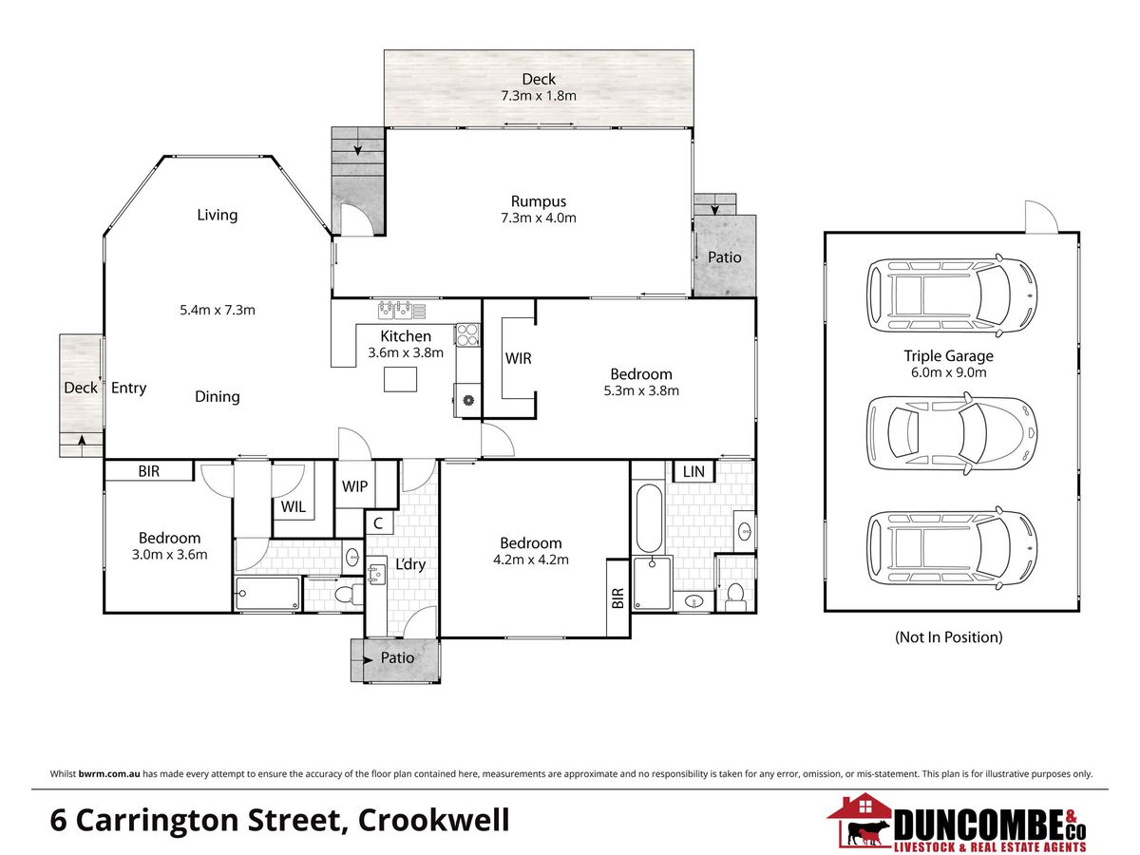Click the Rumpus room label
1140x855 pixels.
(538, 201)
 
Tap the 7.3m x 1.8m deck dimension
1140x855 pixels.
(539, 96)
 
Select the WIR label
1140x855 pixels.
(519, 358)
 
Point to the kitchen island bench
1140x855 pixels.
(401, 379)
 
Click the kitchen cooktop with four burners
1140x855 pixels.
(467, 334)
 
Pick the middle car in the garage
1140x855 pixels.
(952, 433)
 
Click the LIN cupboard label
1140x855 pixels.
(693, 472)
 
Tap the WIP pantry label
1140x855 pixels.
(354, 486)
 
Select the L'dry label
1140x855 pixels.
(410, 564)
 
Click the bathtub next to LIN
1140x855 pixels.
(649, 518)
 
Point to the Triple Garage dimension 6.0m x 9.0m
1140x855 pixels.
(948, 372)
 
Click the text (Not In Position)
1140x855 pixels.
(948, 636)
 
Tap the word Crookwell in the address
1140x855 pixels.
(433, 821)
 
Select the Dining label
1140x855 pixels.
(218, 396)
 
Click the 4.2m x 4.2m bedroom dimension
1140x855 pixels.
(531, 560)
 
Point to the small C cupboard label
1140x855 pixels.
(378, 523)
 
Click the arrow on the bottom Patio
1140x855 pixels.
(368, 660)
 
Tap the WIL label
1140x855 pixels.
(294, 506)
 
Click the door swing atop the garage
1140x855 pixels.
(1041, 217)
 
